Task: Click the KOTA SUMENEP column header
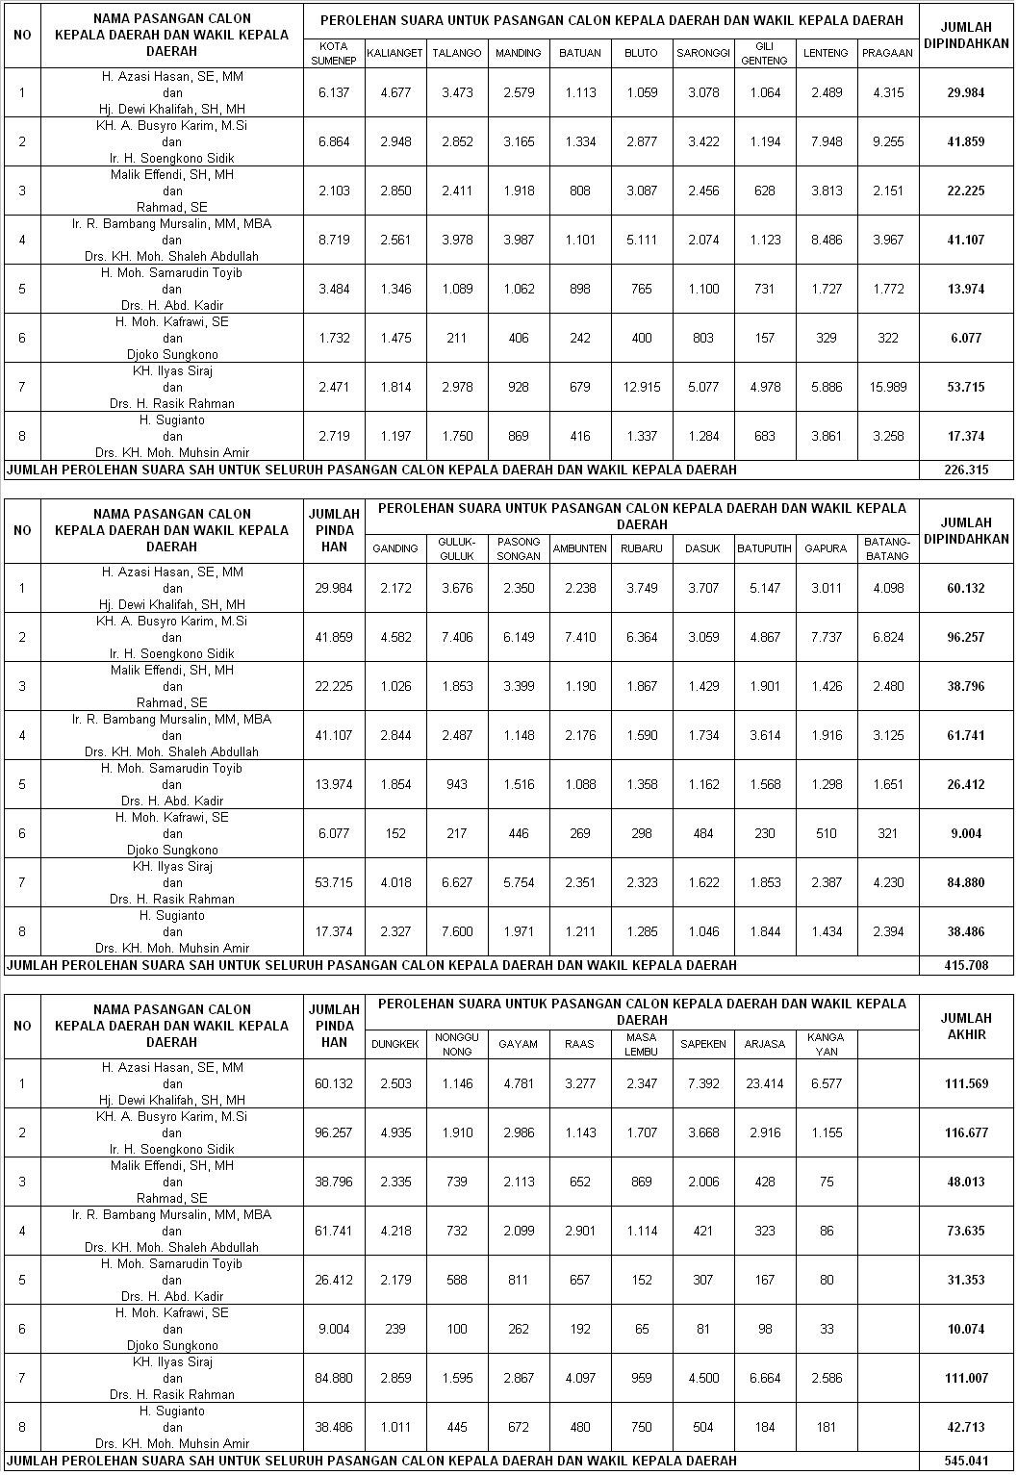point(334,53)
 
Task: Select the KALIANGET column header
point(395,53)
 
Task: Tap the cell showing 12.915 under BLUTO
point(642,387)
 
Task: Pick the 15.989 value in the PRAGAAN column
point(888,387)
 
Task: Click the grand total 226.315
point(965,470)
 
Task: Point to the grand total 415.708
point(965,965)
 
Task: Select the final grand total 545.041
point(965,1461)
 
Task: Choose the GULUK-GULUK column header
point(457,548)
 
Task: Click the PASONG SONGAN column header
point(519,548)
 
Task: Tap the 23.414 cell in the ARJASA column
point(765,1083)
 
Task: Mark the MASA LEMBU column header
point(642,1044)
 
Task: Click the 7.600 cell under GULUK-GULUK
point(457,931)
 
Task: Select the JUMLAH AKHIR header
point(965,1026)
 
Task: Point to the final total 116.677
point(965,1132)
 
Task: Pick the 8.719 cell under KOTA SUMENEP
point(334,240)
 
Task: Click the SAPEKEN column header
point(703,1044)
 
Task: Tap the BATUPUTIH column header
point(765,548)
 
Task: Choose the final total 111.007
point(965,1378)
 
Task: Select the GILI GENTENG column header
point(765,53)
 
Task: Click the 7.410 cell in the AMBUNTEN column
point(580,637)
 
